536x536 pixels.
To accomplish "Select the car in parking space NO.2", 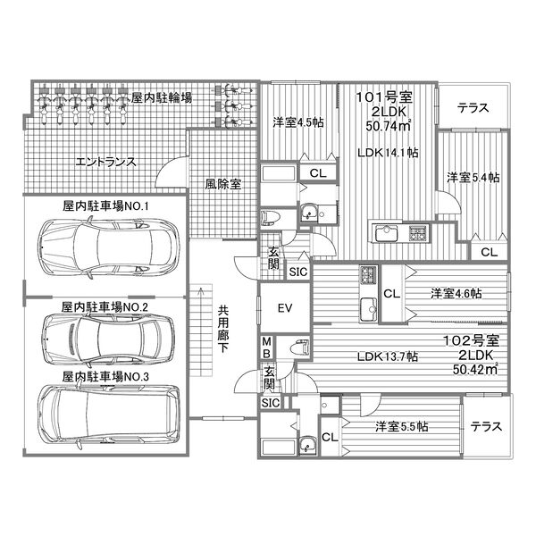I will coord(105,337).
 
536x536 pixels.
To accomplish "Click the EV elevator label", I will coord(285,309).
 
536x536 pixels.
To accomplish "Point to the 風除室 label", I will coord(222,184).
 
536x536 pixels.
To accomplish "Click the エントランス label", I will coord(105,163).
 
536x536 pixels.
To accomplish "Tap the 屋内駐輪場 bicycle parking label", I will coord(162,98).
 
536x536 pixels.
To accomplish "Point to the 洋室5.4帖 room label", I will coord(473,178).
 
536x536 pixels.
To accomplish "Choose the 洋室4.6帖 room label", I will coord(456,293).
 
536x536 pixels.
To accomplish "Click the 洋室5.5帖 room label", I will coord(400,426).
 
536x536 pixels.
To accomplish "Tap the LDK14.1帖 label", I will coord(389,153).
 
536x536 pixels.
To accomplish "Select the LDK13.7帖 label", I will coord(388,357).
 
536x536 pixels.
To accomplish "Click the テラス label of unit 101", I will coord(473,108).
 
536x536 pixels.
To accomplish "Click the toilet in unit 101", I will coord(271,218).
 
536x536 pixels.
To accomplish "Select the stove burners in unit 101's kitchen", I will coord(418,234).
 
